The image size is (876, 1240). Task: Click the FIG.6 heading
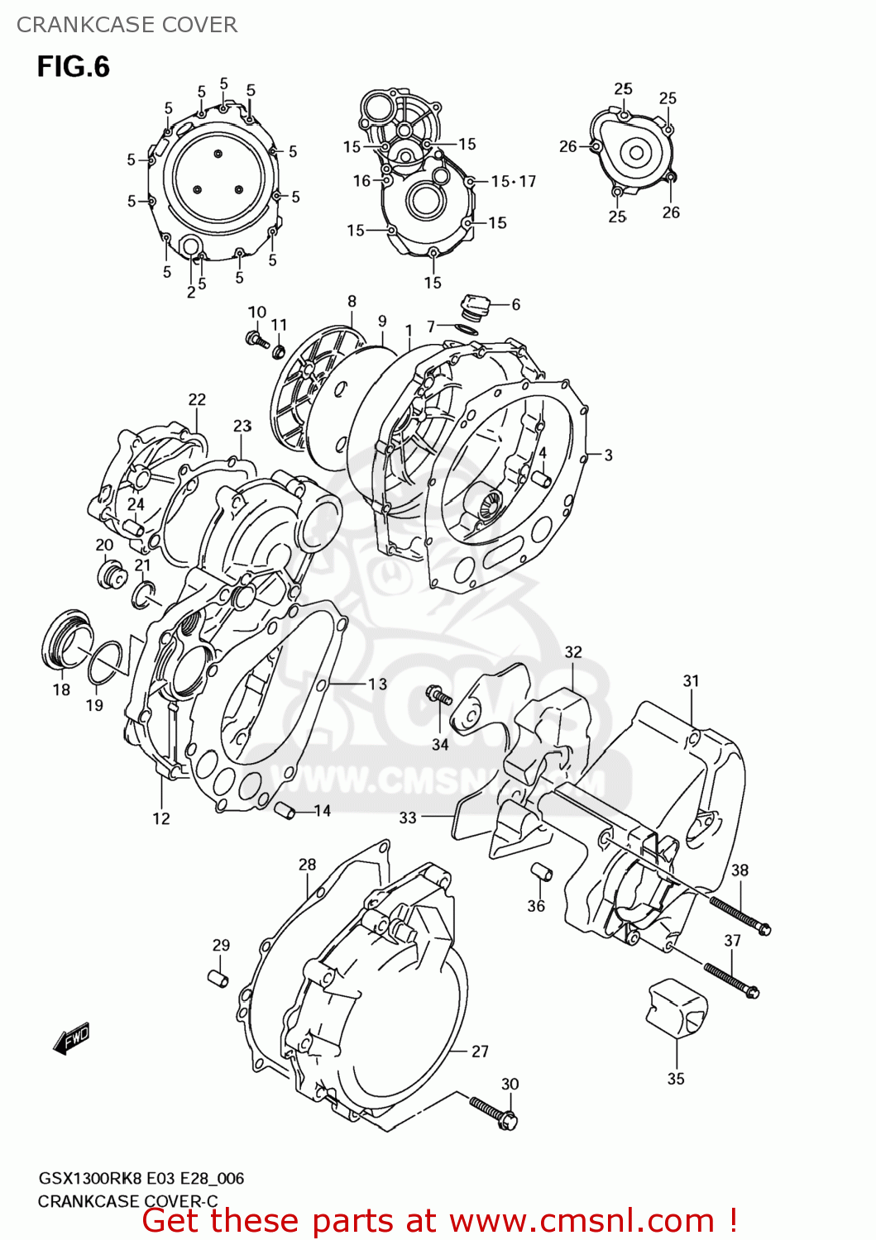click(x=73, y=66)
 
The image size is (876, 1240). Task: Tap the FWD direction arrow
click(x=71, y=1037)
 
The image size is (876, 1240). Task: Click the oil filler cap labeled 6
click(x=475, y=306)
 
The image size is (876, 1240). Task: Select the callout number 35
click(x=676, y=1078)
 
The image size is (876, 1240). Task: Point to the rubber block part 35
click(x=676, y=1007)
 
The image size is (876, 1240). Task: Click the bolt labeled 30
click(x=494, y=1112)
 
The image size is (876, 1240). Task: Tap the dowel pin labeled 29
click(x=218, y=978)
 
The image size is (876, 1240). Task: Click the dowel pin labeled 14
click(x=285, y=811)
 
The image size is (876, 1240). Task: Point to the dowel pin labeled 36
click(x=541, y=871)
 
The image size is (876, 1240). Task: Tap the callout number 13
click(x=377, y=684)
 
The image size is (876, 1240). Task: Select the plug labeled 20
click(x=109, y=575)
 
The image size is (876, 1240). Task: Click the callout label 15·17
click(x=513, y=181)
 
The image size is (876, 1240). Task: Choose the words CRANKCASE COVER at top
click(x=127, y=25)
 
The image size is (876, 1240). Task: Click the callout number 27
click(x=480, y=1051)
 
